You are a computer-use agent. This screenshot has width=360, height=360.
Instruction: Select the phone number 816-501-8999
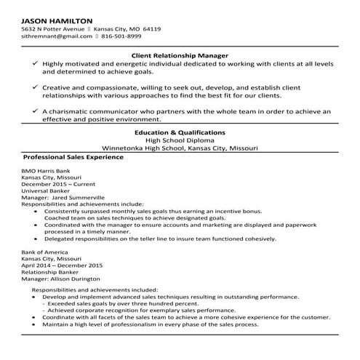click(x=121, y=35)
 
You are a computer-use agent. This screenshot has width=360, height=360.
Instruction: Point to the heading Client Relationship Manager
click(x=180, y=55)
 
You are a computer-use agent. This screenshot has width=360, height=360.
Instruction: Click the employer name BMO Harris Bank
click(x=46, y=170)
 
